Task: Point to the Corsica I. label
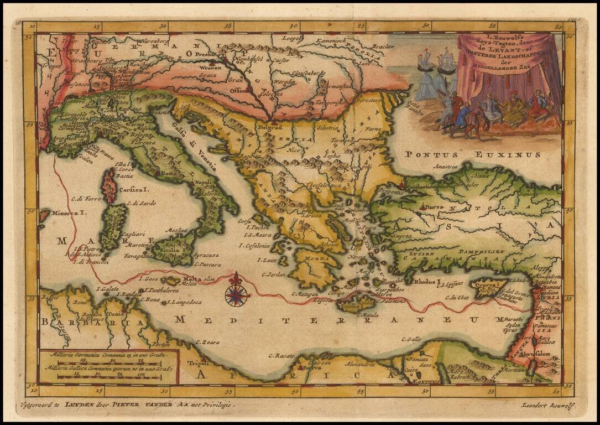pyautogui.click(x=136, y=189)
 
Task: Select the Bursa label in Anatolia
pyautogui.click(x=437, y=208)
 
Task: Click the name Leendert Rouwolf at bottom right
pyautogui.click(x=547, y=405)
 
